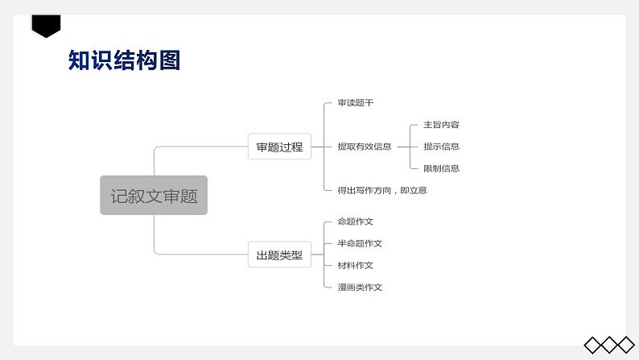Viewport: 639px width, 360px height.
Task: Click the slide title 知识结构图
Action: (x=124, y=60)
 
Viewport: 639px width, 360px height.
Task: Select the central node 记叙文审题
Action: (x=154, y=196)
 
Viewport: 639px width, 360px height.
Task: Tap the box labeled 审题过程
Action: (x=279, y=147)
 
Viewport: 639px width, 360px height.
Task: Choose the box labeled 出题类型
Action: (x=279, y=255)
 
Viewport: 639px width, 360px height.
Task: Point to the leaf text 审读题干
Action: (x=355, y=103)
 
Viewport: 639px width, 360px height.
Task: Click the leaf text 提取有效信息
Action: (x=365, y=147)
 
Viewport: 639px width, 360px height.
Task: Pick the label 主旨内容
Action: (x=441, y=125)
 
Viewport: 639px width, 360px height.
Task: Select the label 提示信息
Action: (x=441, y=147)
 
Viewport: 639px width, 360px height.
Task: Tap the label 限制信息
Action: (x=441, y=168)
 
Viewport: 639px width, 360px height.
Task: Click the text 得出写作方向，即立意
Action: (x=382, y=190)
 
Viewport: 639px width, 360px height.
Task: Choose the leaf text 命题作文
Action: (x=355, y=221)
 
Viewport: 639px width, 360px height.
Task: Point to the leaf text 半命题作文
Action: (x=360, y=243)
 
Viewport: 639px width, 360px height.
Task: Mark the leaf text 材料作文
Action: (x=355, y=265)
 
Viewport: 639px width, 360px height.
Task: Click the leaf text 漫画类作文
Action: (x=360, y=287)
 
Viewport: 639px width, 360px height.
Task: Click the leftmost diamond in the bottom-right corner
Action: (x=593, y=345)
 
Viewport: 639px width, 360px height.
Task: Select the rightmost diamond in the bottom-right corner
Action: (x=625, y=345)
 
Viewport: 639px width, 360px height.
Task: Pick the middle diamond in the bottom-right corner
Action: (x=609, y=345)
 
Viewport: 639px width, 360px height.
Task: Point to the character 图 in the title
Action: (x=169, y=60)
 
